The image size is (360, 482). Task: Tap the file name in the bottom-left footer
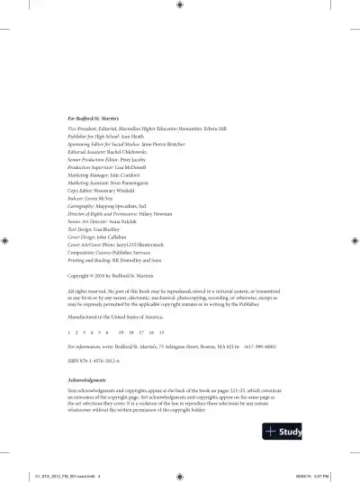[x=67, y=476]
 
